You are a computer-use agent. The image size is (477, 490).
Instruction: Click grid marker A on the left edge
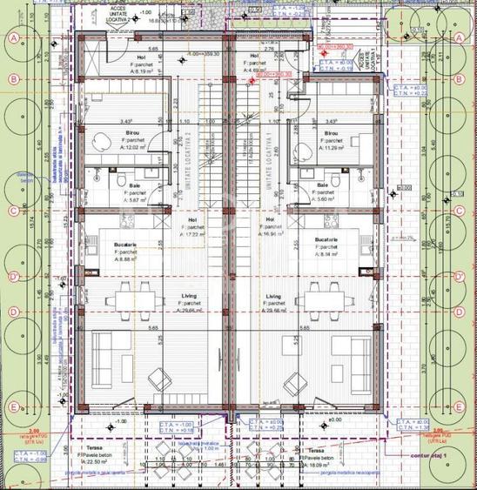point(14,39)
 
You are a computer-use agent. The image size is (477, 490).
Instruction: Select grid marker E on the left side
point(14,406)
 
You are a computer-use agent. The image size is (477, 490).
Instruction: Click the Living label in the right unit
point(272,297)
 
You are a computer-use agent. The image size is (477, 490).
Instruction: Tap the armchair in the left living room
point(160,379)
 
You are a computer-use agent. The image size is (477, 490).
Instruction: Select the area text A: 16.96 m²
point(272,234)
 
